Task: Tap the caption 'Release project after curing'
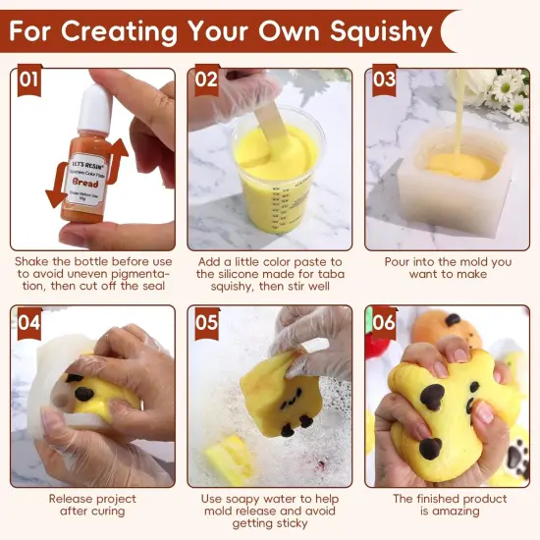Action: click(x=91, y=506)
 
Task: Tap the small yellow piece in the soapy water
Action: click(x=229, y=459)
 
